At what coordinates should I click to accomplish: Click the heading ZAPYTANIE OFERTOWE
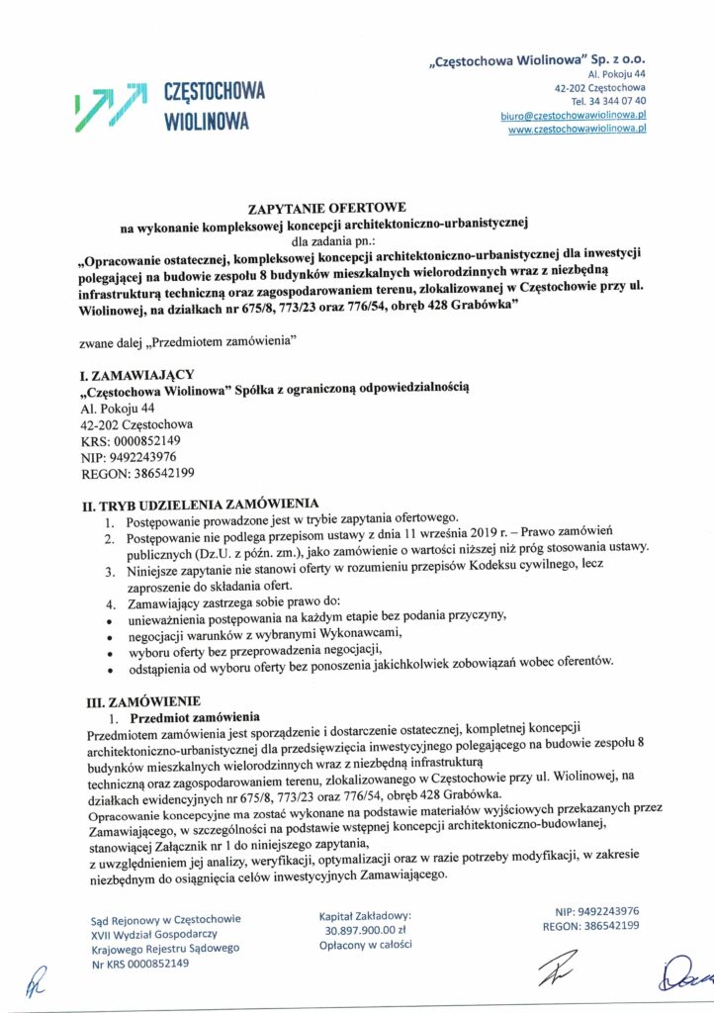326,210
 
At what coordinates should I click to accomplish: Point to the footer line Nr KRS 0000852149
139,964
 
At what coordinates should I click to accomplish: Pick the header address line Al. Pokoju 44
617,73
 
